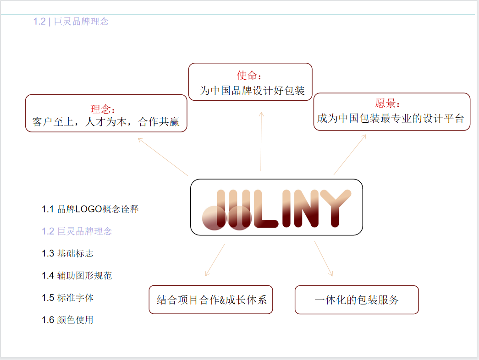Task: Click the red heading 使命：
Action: (x=249, y=76)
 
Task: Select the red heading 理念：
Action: (x=103, y=109)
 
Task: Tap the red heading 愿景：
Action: (x=388, y=104)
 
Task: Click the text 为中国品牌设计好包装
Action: (x=252, y=91)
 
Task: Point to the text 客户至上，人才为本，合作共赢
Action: (x=106, y=122)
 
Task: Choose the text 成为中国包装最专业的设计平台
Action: (x=391, y=118)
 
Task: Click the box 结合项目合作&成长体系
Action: (x=211, y=300)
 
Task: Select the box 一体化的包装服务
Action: (x=357, y=300)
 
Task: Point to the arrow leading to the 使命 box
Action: (x=261, y=142)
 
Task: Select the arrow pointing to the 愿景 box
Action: (x=350, y=154)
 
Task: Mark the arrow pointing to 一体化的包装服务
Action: (x=323, y=258)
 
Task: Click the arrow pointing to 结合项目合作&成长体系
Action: (x=215, y=260)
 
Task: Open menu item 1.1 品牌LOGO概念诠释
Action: (x=90, y=209)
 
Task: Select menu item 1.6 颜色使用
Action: (x=68, y=320)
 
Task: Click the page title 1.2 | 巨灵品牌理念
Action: (x=71, y=22)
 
